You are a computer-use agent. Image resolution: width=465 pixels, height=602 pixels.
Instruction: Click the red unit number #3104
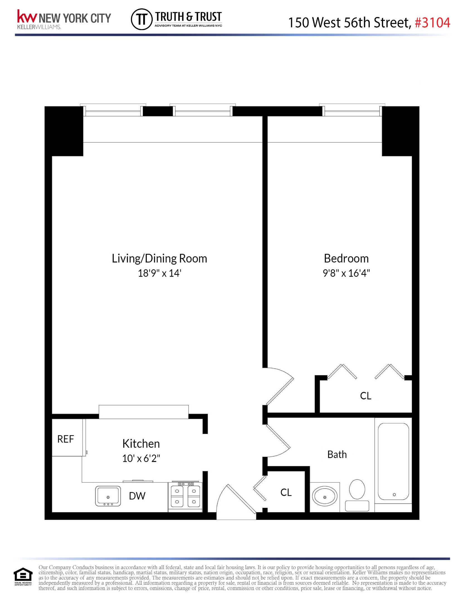coord(432,23)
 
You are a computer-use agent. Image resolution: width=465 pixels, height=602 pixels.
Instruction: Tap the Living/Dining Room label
coord(159,258)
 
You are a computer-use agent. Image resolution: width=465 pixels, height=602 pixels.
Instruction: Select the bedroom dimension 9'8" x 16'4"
coord(346,273)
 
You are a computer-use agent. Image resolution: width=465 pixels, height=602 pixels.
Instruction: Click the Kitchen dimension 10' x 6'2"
coord(141,458)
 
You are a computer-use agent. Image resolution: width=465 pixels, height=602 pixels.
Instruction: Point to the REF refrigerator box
coord(66,439)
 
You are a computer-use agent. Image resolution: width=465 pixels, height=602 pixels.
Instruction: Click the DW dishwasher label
coord(137,496)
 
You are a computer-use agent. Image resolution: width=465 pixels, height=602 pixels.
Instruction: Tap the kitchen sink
coord(108,496)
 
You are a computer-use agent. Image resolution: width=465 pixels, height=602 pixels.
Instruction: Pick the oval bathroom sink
coord(325,497)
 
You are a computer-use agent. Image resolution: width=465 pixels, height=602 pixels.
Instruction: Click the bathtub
coord(393,462)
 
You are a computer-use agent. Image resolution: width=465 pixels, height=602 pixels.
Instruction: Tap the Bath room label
coord(337,455)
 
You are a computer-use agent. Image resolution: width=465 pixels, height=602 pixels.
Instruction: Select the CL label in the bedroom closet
coord(366,396)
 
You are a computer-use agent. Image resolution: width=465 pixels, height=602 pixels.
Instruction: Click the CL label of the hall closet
coord(286,493)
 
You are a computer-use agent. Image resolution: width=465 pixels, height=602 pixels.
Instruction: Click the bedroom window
coord(352,111)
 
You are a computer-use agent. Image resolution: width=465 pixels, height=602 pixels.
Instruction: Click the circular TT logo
coord(142,19)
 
